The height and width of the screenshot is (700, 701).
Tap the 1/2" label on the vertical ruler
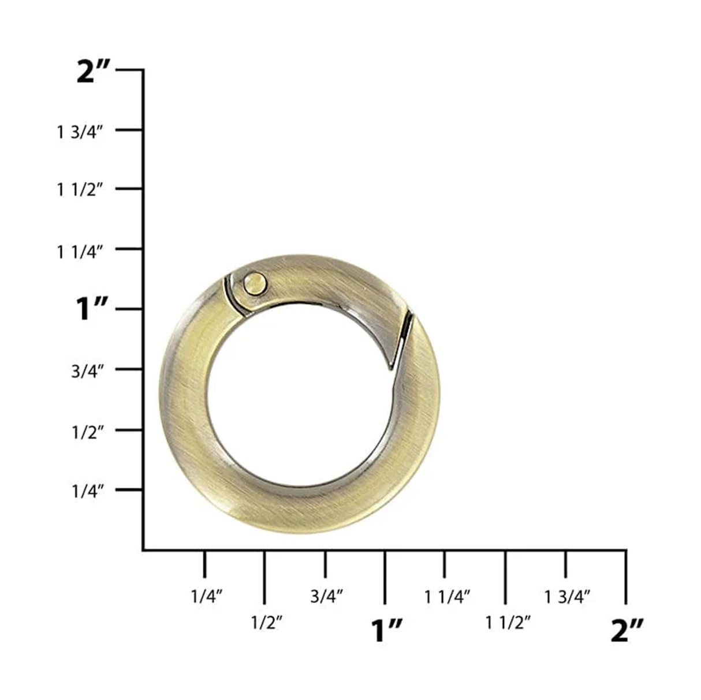pos(87,432)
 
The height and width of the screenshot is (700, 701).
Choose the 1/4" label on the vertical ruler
pos(87,492)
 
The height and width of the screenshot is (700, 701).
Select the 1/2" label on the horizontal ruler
pos(266,623)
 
